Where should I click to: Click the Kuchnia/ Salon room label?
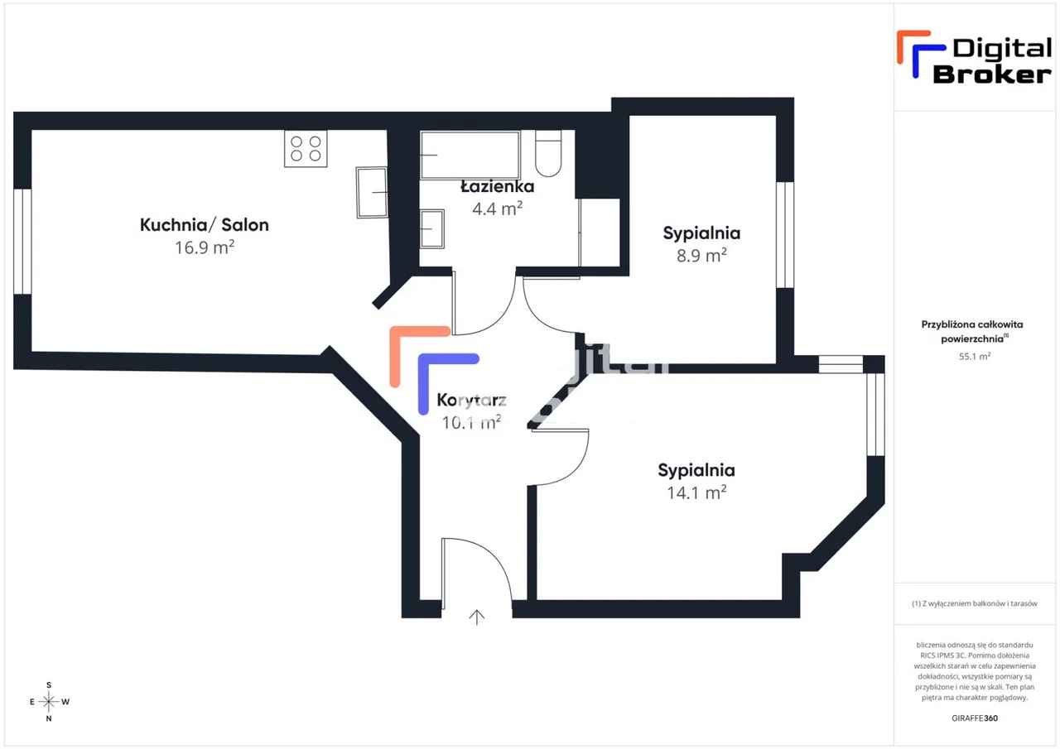pos(204,224)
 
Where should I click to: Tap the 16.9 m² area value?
pos(204,247)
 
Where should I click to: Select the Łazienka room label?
pos(497,186)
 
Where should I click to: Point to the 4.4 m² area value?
pos(497,208)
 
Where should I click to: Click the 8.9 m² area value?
pos(701,255)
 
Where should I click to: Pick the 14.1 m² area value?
pos(696,492)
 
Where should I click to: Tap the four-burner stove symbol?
pos(306,148)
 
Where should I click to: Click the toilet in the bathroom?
pos(548,153)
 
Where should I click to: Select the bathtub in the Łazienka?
pos(469,154)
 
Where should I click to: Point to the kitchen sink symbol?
pos(372,192)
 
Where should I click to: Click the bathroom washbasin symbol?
pos(431,228)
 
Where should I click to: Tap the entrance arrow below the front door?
pos(477,617)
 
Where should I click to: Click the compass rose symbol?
pos(49,702)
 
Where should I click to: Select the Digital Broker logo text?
pos(992,61)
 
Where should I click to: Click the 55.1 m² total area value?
pos(975,357)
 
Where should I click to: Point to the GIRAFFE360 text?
pos(975,718)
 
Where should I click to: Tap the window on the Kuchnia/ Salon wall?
pos(22,241)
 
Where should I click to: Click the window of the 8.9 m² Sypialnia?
pos(785,234)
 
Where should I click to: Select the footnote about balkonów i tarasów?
pos(975,604)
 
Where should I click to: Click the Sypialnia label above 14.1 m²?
pos(696,470)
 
